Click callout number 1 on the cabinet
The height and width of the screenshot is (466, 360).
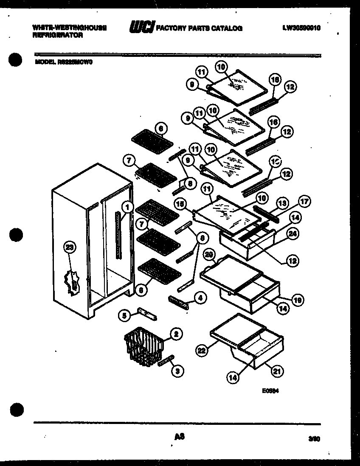click(127, 207)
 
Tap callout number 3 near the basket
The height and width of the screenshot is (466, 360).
click(178, 371)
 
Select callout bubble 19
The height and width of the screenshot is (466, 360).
click(298, 300)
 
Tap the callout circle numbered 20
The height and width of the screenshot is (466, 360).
click(208, 255)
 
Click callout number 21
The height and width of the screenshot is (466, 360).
click(276, 371)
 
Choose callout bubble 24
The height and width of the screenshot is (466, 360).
click(292, 233)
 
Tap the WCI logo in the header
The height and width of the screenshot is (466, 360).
click(142, 28)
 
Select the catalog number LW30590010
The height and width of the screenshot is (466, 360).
click(301, 28)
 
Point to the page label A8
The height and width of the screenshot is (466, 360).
click(179, 436)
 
